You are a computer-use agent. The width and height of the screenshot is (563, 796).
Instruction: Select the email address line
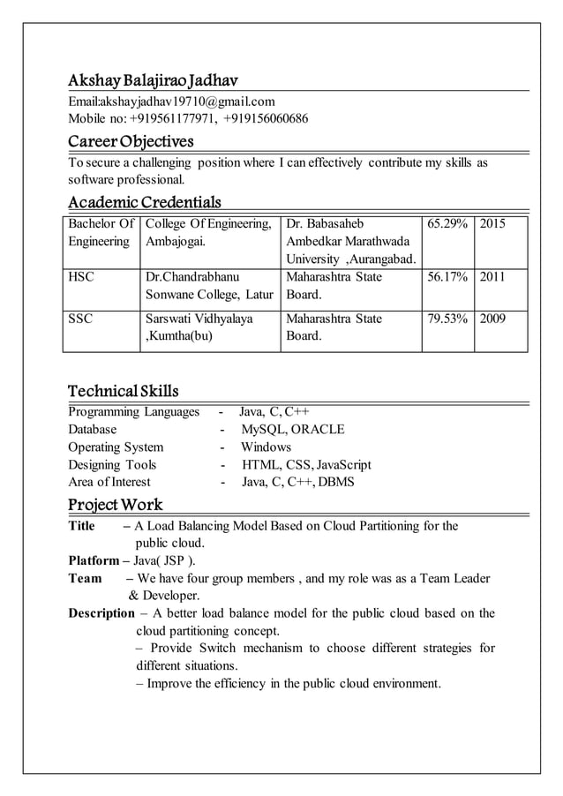172,101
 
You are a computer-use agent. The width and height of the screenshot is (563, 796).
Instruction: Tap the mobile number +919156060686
266,119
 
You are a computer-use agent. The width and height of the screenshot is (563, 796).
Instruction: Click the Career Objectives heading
131,141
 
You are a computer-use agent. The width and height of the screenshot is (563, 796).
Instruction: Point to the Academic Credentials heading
145,202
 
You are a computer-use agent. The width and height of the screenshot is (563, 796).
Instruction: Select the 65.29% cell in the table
447,224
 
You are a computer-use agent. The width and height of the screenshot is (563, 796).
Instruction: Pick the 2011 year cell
492,277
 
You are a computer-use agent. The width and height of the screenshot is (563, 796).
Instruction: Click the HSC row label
82,277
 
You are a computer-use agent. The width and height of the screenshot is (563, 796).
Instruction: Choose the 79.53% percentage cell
447,318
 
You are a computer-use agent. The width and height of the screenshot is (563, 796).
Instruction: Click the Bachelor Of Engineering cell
101,233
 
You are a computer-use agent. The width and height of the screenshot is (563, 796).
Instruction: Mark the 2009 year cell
492,318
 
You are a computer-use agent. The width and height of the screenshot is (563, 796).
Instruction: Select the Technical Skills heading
124,391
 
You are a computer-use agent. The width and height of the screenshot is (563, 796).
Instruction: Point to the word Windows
266,447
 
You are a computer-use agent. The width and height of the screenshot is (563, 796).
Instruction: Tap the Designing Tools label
112,465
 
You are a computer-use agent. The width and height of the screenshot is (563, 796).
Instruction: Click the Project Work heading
116,505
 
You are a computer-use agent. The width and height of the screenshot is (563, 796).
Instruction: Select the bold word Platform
94,560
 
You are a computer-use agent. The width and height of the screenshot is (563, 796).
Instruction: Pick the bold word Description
101,613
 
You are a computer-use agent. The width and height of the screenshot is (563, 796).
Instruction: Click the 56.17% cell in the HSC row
447,277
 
